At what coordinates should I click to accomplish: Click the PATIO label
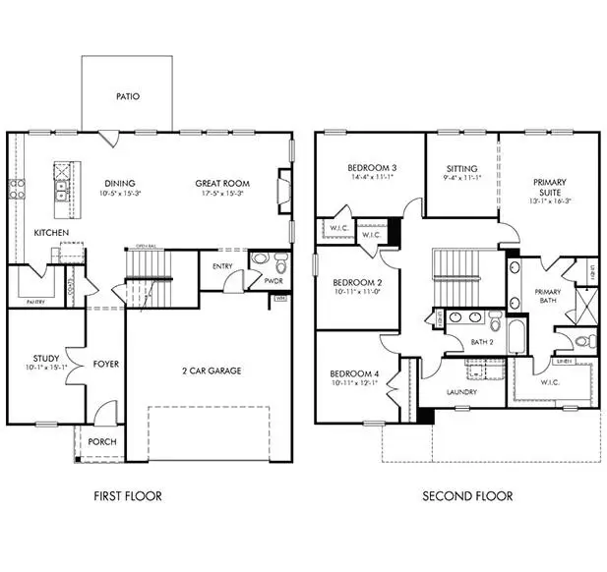click(127, 96)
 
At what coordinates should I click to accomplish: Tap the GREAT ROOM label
click(221, 183)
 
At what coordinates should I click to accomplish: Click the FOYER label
click(105, 364)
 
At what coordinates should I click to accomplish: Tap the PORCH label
click(101, 441)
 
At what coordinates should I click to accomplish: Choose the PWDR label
click(273, 280)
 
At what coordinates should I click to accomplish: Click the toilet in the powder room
click(280, 262)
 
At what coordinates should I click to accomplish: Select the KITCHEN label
click(49, 233)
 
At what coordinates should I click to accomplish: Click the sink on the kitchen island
click(61, 184)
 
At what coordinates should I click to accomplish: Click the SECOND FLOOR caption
click(466, 496)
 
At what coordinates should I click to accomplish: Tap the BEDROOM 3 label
click(371, 168)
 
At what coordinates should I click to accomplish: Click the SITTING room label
click(460, 168)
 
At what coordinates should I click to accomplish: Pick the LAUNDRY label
click(461, 392)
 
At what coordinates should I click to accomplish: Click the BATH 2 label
click(482, 342)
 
